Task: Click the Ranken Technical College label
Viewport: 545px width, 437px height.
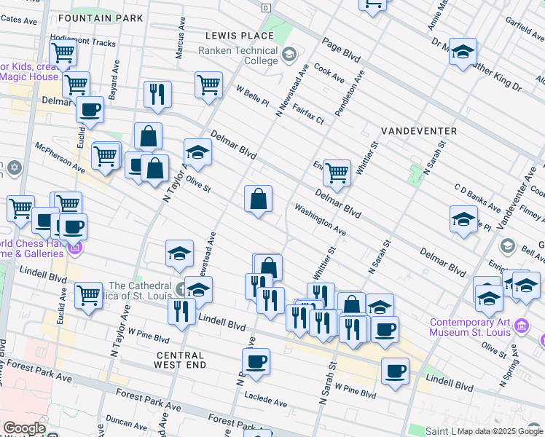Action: coord(238,56)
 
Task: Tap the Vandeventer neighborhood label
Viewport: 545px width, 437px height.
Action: coord(419,131)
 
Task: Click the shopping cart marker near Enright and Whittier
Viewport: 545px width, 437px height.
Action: coord(337,173)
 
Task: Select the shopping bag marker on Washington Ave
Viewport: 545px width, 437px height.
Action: coord(258,198)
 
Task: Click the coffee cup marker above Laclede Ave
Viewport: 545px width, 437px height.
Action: coord(256,361)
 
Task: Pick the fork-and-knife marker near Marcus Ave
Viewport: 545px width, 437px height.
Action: coord(157,94)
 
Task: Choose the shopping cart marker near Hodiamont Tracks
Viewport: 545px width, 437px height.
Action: coord(63,52)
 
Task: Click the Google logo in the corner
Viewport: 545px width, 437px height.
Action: coord(23,428)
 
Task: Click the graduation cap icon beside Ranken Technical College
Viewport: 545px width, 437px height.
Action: coord(290,54)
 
